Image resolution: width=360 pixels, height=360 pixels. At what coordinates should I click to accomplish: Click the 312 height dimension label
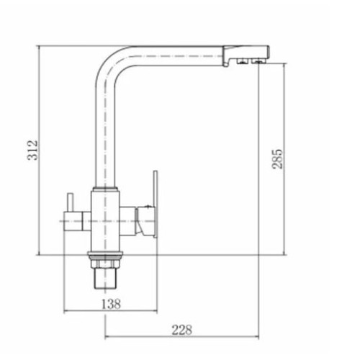pyautogui.click(x=32, y=150)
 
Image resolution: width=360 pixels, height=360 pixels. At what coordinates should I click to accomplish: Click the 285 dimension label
pyautogui.click(x=277, y=159)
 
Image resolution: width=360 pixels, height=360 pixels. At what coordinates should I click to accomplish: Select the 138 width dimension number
pyautogui.click(x=111, y=305)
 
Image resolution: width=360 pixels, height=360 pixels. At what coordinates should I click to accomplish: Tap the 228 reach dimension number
pyautogui.click(x=182, y=330)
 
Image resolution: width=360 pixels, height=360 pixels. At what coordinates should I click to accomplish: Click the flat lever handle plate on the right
pyautogui.click(x=156, y=204)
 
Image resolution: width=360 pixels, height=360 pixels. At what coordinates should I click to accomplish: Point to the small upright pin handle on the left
pyautogui.click(x=70, y=203)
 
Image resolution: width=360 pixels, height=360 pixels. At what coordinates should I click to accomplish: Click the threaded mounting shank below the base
pyautogui.click(x=105, y=279)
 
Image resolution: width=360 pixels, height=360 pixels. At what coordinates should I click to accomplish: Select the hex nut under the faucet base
pyautogui.click(x=105, y=264)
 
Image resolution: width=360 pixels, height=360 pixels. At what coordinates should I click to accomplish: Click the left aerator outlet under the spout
pyautogui.click(x=243, y=62)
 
